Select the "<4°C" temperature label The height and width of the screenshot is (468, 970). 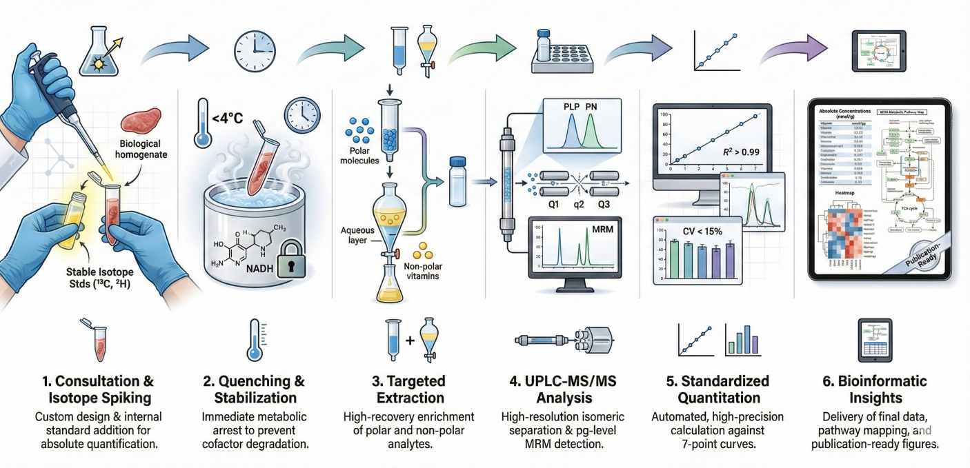coord(228,118)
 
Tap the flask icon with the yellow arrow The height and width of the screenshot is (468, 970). coord(100,52)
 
